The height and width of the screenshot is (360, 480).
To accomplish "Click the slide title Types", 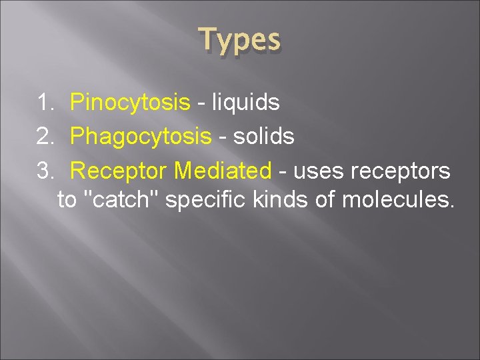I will [240, 41].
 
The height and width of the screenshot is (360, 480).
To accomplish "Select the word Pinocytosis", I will [130, 103].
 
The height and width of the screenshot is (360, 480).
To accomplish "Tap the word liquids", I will [245, 103].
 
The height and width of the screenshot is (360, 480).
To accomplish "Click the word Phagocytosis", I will [141, 137].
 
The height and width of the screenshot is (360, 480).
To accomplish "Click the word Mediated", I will [222, 171].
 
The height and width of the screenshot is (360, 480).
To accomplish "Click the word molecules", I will [397, 200].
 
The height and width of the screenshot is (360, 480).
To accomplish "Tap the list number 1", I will [45, 103].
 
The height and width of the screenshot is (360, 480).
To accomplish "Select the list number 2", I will [45, 137].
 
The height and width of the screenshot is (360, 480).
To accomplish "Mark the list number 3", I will [45, 171].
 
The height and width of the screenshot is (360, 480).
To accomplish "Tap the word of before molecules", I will [325, 200].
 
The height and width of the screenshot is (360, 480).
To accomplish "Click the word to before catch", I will [67, 200].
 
